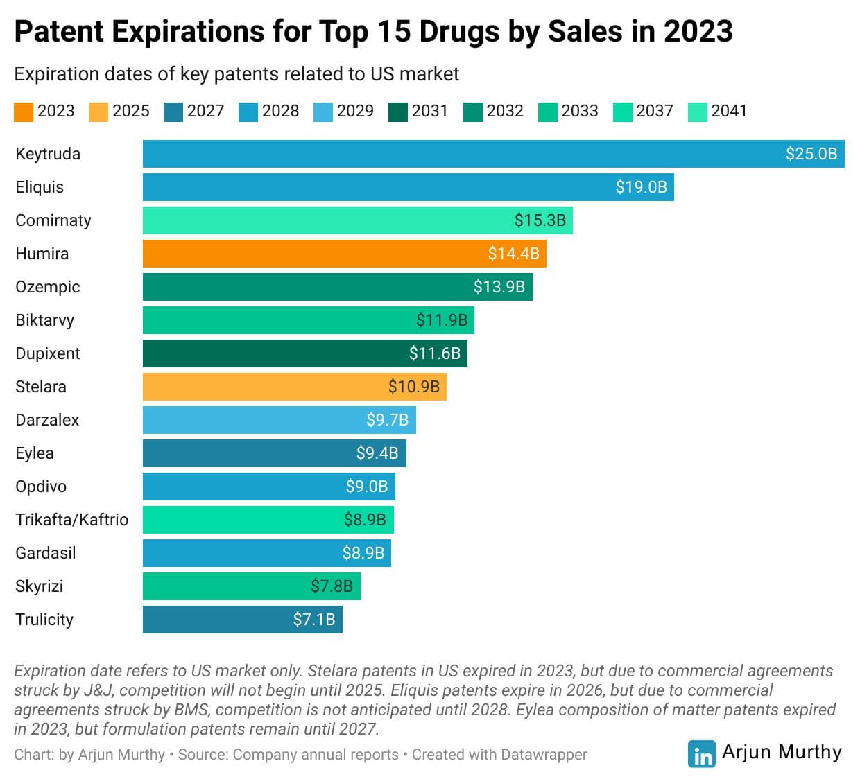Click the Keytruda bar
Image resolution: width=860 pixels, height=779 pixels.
tap(493, 154)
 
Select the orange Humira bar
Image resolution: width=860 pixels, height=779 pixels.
tap(344, 254)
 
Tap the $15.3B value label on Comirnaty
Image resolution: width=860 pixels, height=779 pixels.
tap(540, 220)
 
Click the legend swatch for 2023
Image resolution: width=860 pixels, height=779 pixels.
tap(24, 112)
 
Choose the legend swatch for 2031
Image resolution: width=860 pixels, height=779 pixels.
tap(398, 112)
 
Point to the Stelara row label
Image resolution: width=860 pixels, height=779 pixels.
tap(41, 387)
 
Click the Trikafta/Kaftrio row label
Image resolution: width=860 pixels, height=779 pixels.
tap(71, 520)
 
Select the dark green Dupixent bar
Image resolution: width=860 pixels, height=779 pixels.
tap(304, 353)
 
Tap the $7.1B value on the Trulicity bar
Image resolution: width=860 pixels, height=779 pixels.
tap(313, 620)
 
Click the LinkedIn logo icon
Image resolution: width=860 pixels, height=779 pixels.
tap(702, 754)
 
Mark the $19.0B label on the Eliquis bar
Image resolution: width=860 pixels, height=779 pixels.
tap(641, 187)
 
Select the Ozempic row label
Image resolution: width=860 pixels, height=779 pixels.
tap(48, 287)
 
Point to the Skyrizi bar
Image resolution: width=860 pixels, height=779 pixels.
tap(251, 586)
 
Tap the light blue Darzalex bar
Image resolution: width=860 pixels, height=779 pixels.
tap(279, 420)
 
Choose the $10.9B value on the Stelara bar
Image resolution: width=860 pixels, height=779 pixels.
tap(413, 387)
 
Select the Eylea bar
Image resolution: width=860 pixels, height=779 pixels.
tap(274, 453)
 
